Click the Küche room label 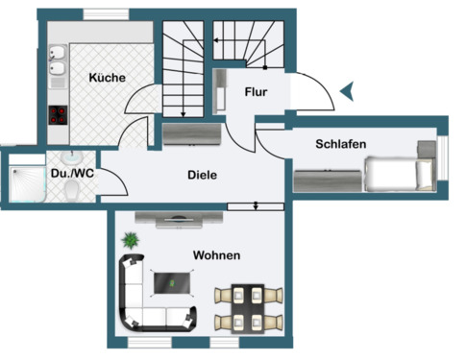(107, 78)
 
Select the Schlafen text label (341, 144)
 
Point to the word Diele (202, 175)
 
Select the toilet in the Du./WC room (73, 193)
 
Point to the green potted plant (129, 240)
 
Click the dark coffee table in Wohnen (174, 282)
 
